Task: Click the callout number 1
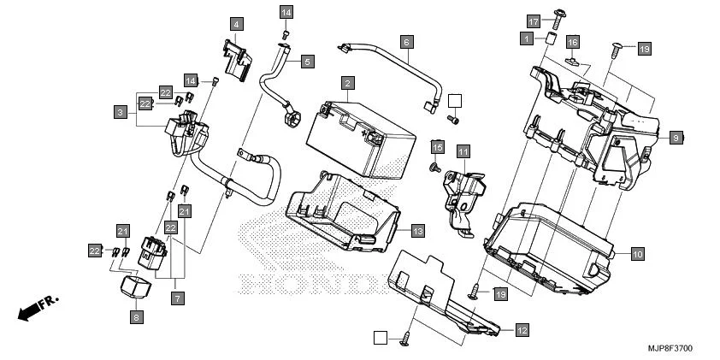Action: (527, 38)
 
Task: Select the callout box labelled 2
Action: (347, 83)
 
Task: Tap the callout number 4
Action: (234, 24)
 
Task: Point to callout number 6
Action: (406, 41)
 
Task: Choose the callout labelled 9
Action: (676, 138)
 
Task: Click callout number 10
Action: (636, 254)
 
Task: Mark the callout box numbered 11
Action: (463, 152)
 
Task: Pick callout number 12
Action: (522, 329)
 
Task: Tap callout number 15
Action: (437, 148)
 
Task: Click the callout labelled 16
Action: (573, 42)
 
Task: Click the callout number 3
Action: (121, 111)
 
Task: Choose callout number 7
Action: (177, 298)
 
